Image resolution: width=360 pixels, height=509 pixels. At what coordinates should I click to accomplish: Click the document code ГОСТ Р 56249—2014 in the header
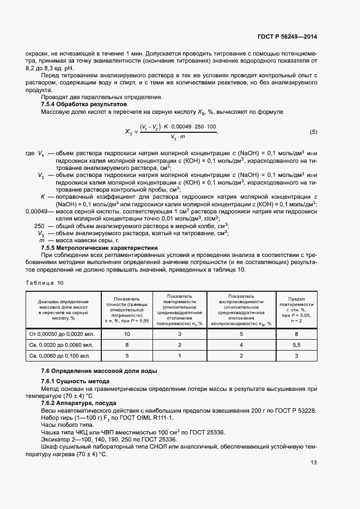(287, 37)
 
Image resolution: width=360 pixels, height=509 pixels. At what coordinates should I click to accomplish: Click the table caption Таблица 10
(45, 283)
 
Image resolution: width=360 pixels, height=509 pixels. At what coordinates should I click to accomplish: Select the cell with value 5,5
(296, 345)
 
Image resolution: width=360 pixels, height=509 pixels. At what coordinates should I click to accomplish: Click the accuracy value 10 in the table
(127, 333)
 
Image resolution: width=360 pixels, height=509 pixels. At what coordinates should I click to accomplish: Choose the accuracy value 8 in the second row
(127, 345)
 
